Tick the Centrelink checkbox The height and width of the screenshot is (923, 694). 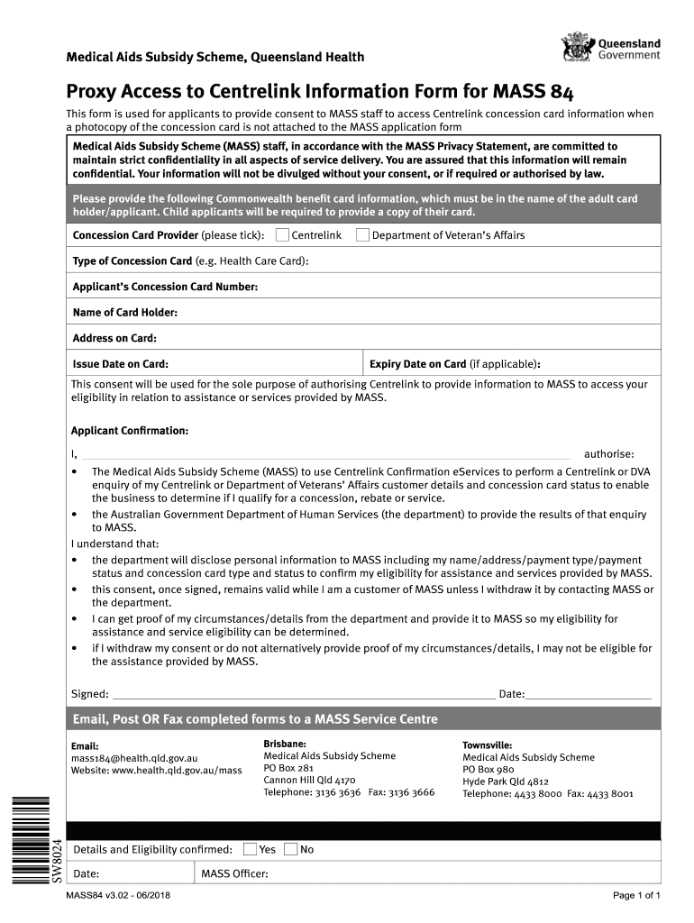pyautogui.click(x=282, y=235)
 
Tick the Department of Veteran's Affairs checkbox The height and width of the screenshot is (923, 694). pyautogui.click(x=362, y=235)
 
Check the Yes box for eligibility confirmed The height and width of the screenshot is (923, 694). pyautogui.click(x=250, y=849)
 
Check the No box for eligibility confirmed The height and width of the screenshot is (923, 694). pyautogui.click(x=290, y=849)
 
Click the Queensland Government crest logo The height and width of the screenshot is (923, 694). pyautogui.click(x=577, y=48)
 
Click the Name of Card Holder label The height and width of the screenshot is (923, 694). pyautogui.click(x=124, y=313)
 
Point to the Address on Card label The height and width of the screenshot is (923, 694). pyautogui.click(x=114, y=338)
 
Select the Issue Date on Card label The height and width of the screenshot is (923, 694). pyautogui.click(x=120, y=364)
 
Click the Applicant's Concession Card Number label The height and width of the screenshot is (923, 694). pyautogui.click(x=165, y=287)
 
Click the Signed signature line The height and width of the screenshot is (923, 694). pyautogui.click(x=303, y=695)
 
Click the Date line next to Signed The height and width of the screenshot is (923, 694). pyautogui.click(x=588, y=695)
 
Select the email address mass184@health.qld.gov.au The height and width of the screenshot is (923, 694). pyautogui.click(x=134, y=758)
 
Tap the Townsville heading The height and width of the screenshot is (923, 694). pyautogui.click(x=488, y=745)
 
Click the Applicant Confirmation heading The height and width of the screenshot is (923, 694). pyautogui.click(x=130, y=431)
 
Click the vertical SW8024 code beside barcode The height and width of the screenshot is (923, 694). pyautogui.click(x=56, y=860)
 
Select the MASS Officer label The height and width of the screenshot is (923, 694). pyautogui.click(x=234, y=873)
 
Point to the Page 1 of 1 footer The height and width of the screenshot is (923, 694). pyautogui.click(x=637, y=895)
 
